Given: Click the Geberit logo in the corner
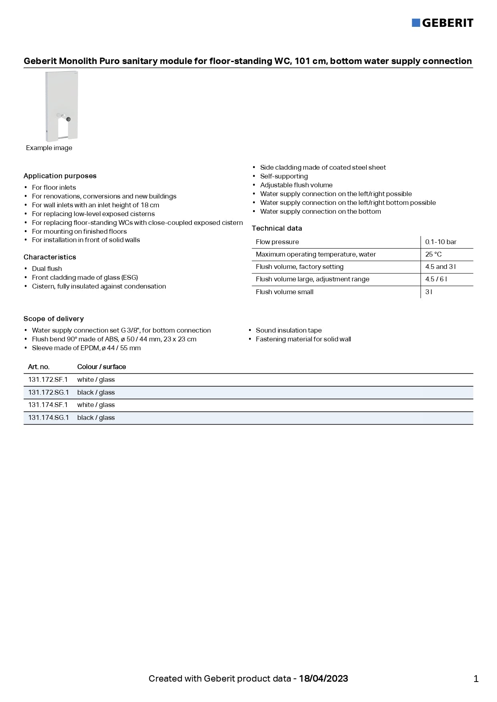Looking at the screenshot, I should (x=443, y=23).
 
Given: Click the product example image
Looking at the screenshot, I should (x=62, y=106).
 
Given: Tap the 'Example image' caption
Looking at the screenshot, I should (x=49, y=148).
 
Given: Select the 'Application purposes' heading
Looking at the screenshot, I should (x=60, y=176).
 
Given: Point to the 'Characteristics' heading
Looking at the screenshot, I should (x=50, y=257).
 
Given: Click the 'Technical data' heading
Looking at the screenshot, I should (x=277, y=229).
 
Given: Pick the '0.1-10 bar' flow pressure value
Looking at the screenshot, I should (x=441, y=242).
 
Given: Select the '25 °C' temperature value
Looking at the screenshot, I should (x=433, y=255).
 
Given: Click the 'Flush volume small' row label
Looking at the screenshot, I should (x=284, y=292).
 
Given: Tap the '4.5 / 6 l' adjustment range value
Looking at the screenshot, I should (x=436, y=279).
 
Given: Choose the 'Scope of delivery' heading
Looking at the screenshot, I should (x=54, y=319).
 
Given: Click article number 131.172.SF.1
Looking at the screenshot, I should (x=48, y=380).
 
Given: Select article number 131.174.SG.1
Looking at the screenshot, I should (x=48, y=418).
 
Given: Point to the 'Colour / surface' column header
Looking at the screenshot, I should (x=101, y=367).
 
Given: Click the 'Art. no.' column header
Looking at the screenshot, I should (x=39, y=367).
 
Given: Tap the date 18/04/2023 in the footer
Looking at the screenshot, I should (x=324, y=679).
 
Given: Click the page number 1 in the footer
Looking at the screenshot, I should (x=476, y=679).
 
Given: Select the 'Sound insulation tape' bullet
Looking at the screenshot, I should (x=288, y=331).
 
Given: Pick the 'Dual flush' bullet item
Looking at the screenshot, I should (x=47, y=269).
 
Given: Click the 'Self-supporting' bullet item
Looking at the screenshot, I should (x=284, y=177).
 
